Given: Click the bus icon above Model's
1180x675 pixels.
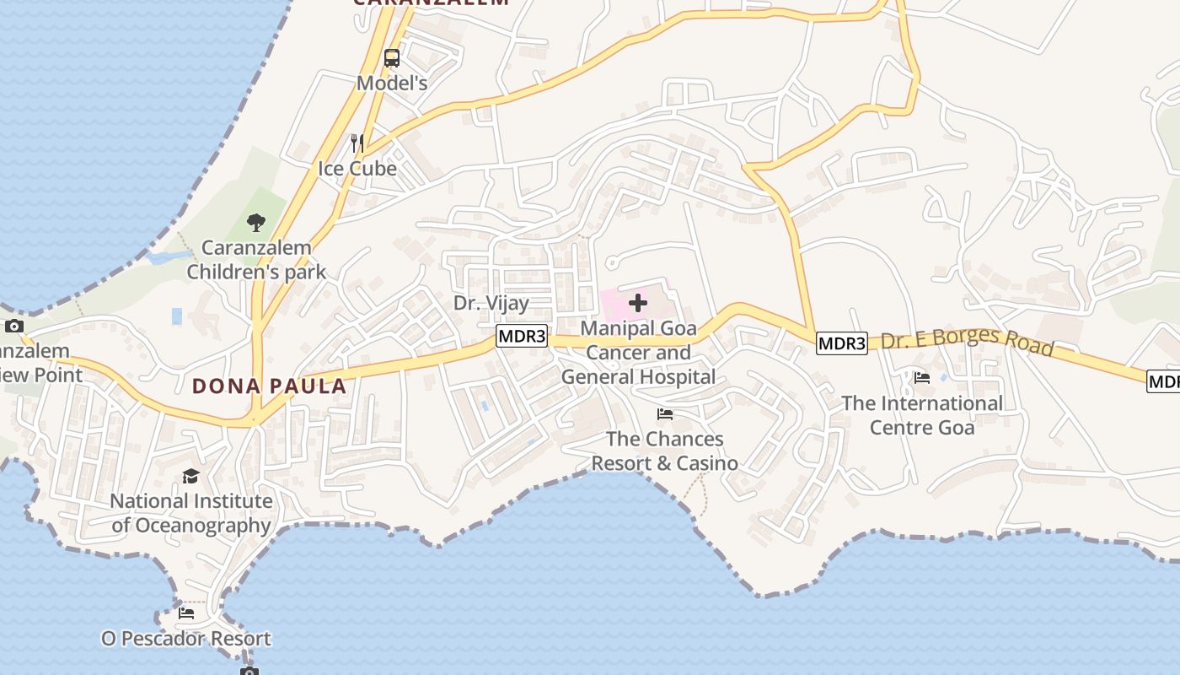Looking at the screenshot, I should pos(392,58).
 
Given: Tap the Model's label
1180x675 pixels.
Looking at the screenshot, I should pos(392,83).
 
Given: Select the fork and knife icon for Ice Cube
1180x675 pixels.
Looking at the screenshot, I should pos(357,143).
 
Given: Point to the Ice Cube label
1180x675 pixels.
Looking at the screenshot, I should pos(357,168).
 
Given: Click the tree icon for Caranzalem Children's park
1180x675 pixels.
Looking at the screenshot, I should pos(256,223).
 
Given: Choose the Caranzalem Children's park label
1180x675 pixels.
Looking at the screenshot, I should pos(256,260).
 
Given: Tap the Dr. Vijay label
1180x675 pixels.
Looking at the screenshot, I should pos(491,303).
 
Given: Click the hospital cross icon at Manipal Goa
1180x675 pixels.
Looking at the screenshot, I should pos(638,303).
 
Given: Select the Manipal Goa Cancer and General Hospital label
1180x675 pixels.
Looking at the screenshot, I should pos(638,353).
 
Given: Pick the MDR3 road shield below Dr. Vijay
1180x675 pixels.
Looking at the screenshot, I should pos(522,337).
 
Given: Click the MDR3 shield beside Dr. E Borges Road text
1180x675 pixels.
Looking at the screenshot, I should pos(842,343).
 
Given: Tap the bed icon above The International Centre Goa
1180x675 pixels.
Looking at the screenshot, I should pos(922,379).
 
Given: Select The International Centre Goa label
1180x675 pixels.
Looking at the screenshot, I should pos(922,415).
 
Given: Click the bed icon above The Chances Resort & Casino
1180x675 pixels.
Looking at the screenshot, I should pos(665,414).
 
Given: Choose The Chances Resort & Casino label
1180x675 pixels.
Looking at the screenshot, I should pos(665,451).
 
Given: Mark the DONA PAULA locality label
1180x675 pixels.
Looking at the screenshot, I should pos(269,386).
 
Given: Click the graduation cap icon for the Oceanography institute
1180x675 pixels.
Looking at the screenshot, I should pos(191,477).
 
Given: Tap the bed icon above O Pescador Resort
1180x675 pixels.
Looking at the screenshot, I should pos(186,613).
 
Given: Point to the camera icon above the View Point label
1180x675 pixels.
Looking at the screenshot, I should pos(13,327).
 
